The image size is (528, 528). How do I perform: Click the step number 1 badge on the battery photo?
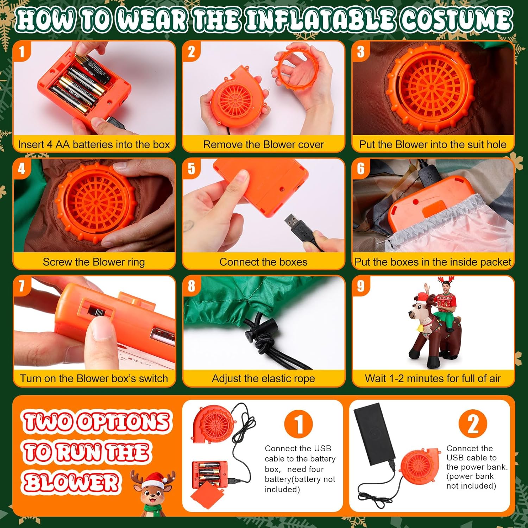point(22,51)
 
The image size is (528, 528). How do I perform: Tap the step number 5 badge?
point(191,168)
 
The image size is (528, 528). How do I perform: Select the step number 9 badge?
point(360,285)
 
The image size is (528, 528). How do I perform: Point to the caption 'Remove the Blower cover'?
point(263,144)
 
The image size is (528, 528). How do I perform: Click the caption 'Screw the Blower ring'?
point(94,262)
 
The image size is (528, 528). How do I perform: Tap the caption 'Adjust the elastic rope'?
point(263,378)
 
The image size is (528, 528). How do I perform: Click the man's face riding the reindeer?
point(446,290)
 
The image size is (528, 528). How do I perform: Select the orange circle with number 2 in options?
point(473,423)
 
